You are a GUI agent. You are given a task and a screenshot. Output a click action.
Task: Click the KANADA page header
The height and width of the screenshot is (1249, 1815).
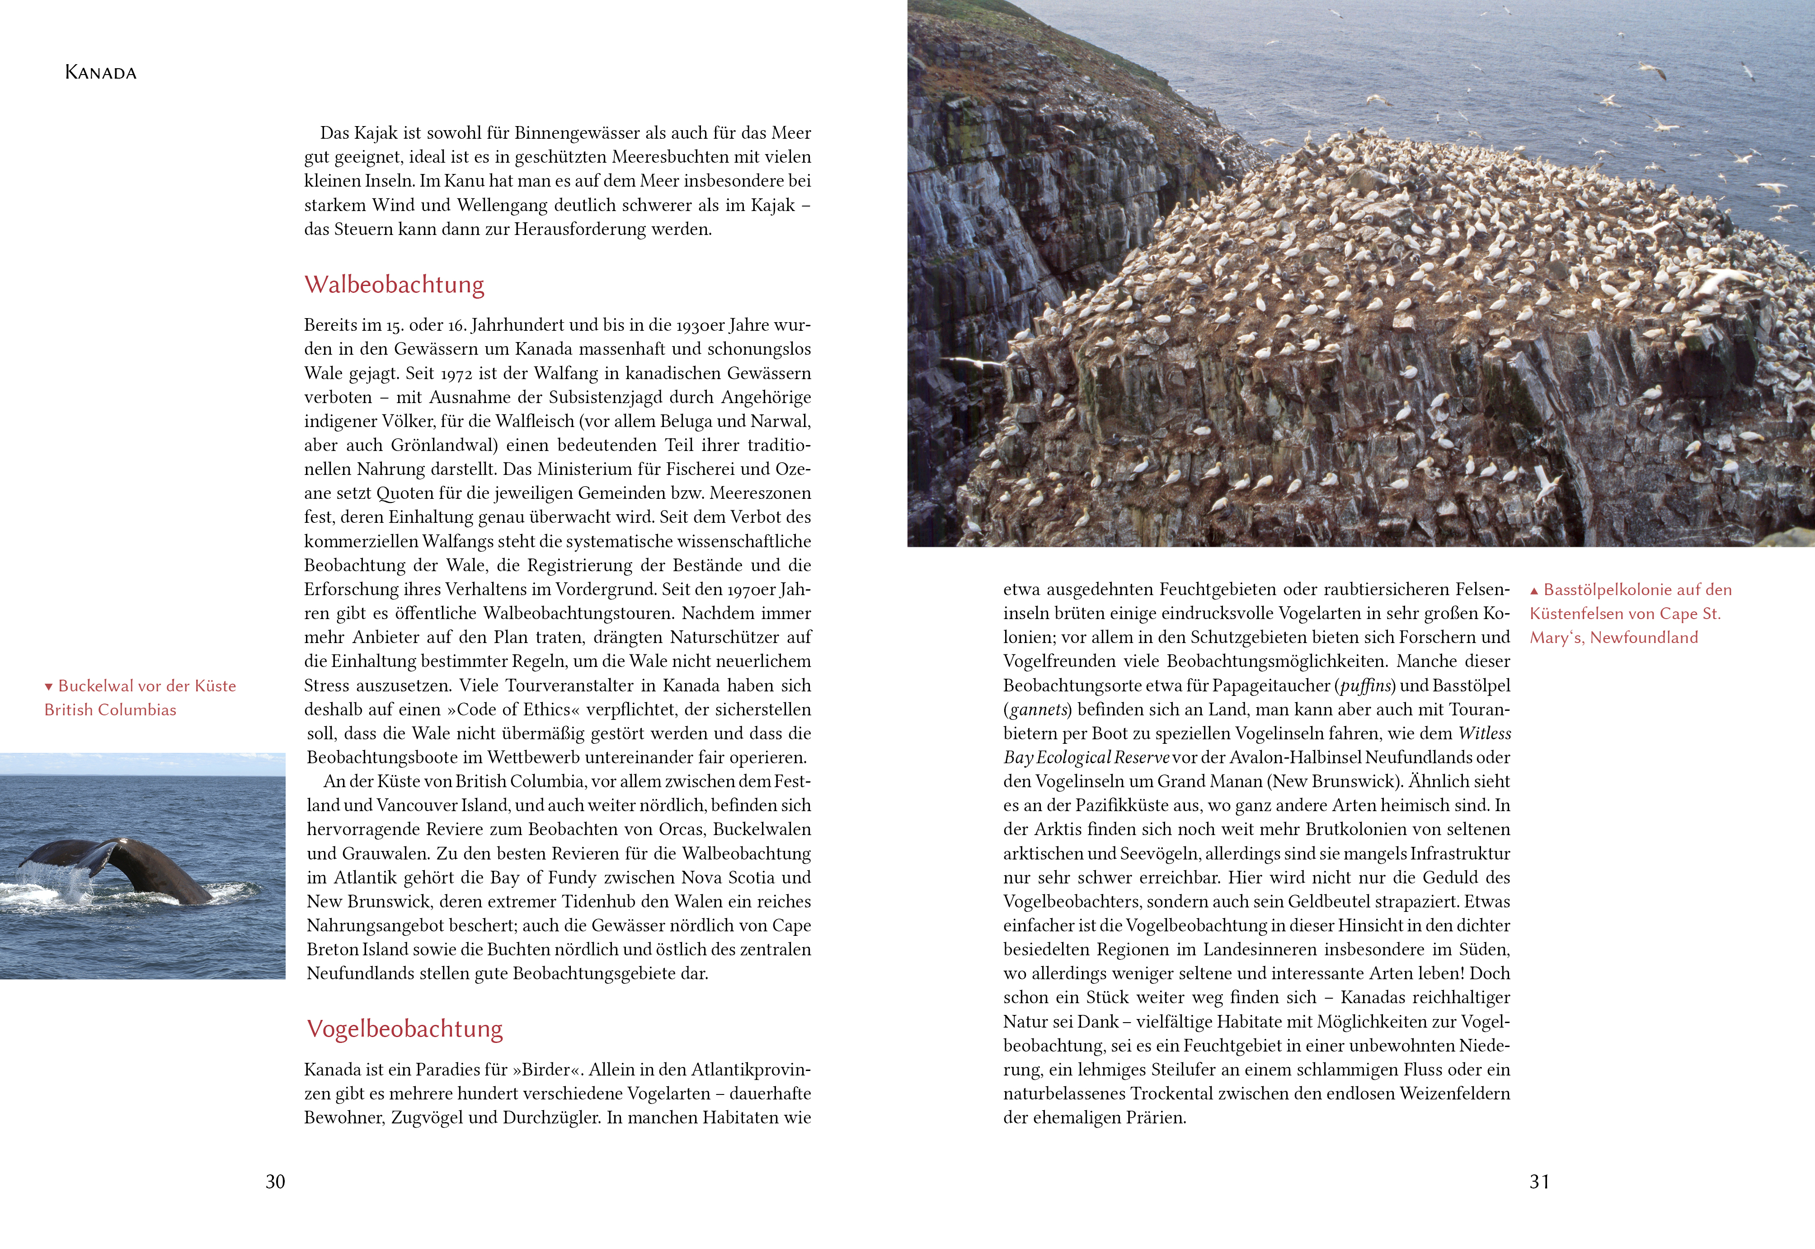point(101,73)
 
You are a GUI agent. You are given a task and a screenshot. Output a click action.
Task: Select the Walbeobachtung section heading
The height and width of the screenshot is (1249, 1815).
point(395,284)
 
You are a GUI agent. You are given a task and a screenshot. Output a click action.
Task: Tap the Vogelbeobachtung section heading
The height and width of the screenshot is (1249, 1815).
point(404,1028)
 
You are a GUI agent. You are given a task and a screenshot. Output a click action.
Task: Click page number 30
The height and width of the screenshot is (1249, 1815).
point(276,1182)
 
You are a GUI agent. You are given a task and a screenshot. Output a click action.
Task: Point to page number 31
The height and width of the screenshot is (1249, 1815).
point(1539,1182)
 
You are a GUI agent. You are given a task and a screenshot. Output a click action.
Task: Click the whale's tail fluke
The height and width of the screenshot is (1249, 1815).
point(118,861)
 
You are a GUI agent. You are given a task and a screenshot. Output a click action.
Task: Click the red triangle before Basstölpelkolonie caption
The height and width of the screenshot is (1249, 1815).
point(1534,591)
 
